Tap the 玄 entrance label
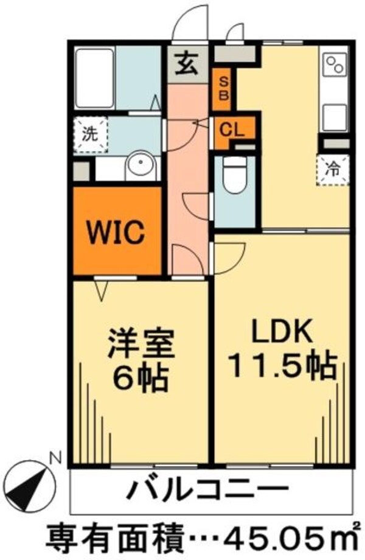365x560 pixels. [187, 63]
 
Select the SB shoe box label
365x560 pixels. [224, 88]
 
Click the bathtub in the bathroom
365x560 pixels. [94, 77]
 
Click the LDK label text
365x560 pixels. [282, 333]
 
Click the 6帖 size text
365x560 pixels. [141, 379]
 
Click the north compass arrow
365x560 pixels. [32, 478]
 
